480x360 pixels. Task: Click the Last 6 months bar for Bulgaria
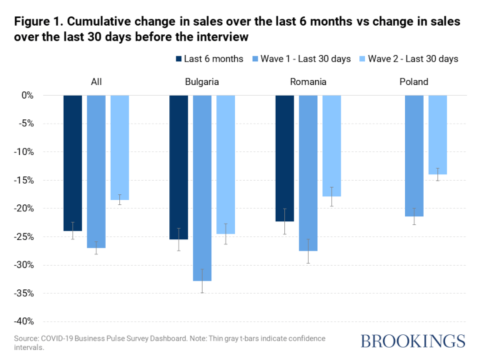pyautogui.click(x=178, y=167)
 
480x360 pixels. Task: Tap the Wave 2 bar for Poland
pyautogui.click(x=437, y=134)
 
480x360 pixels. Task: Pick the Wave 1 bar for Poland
pyautogui.click(x=414, y=156)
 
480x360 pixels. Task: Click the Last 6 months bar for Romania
pyautogui.click(x=284, y=158)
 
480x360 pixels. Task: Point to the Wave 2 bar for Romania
pyautogui.click(x=332, y=146)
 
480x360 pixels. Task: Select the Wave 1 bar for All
pyautogui.click(x=96, y=171)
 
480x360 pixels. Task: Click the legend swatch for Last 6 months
pyautogui.click(x=179, y=59)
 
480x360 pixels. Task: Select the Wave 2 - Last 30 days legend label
pyautogui.click(x=413, y=59)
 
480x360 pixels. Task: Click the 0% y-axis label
pyautogui.click(x=27, y=96)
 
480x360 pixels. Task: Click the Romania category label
pyautogui.click(x=308, y=81)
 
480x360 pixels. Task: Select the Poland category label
pyautogui.click(x=414, y=81)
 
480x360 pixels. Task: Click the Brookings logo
pyautogui.click(x=412, y=341)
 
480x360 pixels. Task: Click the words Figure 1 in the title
pyautogui.click(x=41, y=22)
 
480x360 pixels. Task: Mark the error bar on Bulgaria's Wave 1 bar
pyautogui.click(x=202, y=281)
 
